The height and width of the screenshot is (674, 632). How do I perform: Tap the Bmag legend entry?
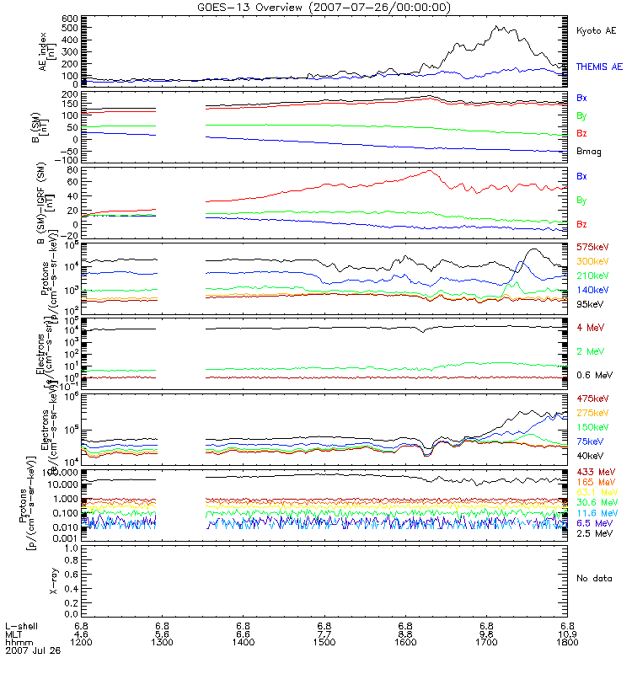coord(589,151)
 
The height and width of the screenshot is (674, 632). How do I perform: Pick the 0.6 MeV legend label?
coord(595,374)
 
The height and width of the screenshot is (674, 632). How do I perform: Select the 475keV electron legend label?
coord(593,399)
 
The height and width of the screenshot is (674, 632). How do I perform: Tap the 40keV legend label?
coord(591,456)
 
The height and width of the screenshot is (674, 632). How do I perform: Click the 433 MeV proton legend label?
coord(595,471)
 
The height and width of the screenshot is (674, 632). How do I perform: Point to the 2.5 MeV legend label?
coord(595,533)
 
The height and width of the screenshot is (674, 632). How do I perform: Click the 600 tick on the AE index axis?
coord(70,18)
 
